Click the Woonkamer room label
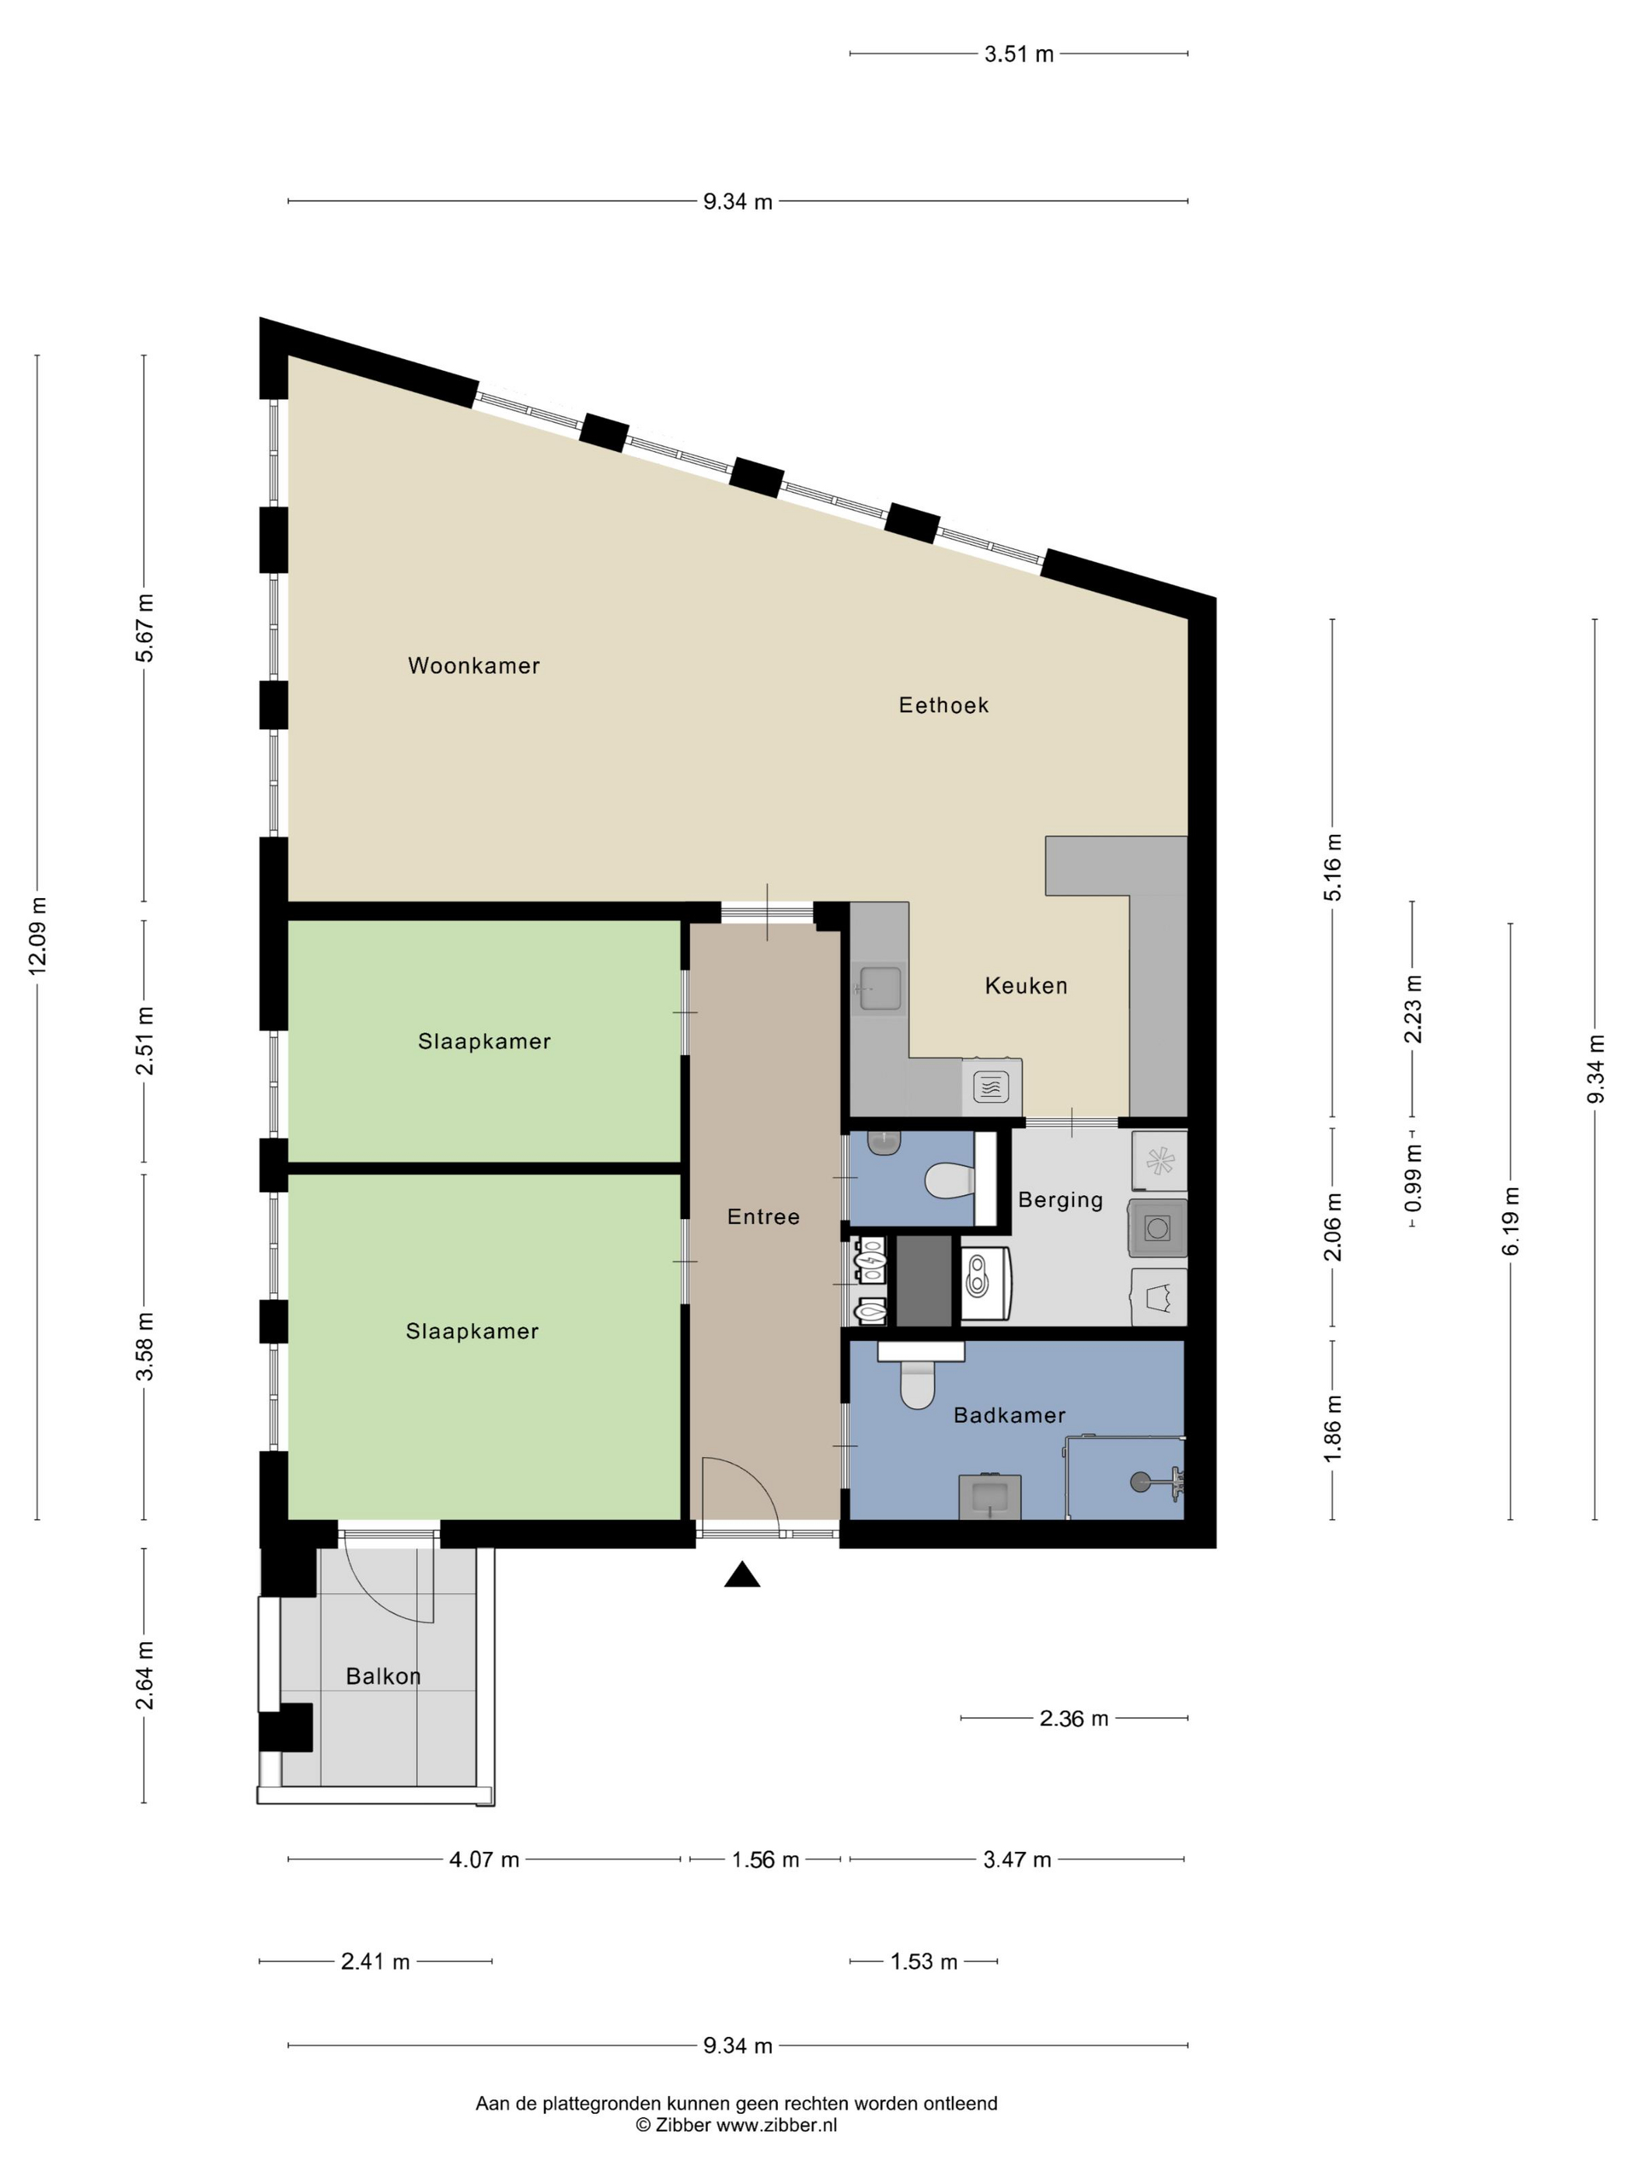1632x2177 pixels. click(x=474, y=666)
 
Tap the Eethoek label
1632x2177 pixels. click(x=943, y=704)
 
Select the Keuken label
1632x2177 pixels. click(x=1026, y=985)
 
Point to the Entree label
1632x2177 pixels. click(x=763, y=1217)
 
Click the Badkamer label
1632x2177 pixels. click(x=1010, y=1415)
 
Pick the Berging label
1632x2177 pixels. click(x=1061, y=1200)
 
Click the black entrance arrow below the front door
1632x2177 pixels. click(x=743, y=1576)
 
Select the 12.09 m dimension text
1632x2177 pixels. click(x=37, y=936)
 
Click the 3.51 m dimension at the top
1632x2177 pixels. click(x=1018, y=54)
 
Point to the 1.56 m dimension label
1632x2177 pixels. click(x=765, y=1859)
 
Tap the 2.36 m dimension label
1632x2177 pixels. click(x=1074, y=1718)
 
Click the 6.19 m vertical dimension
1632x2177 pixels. click(x=1511, y=1221)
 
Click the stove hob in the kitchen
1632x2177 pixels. click(x=992, y=1086)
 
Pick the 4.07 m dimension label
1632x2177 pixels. click(x=484, y=1859)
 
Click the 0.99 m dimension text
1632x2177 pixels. click(x=1413, y=1178)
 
